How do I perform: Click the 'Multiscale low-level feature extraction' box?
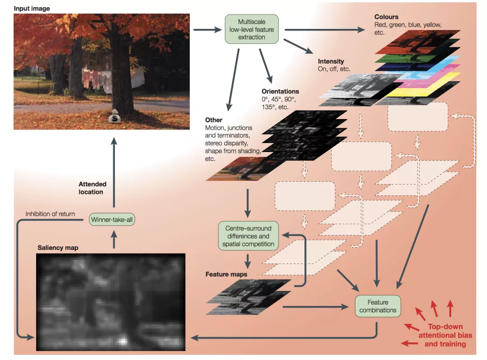pos(252,29)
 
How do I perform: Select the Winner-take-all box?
pos(112,220)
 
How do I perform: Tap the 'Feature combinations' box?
pos(378,306)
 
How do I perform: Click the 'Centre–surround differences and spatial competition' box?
pos(248,236)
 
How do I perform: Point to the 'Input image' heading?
pos(32,9)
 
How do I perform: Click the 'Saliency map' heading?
pos(58,248)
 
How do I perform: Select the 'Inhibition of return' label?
pos(50,214)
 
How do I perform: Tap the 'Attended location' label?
pos(92,188)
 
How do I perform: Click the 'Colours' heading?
pos(386,17)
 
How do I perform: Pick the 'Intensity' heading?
pos(331,61)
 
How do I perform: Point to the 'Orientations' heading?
pos(280,91)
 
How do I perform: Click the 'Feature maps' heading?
pos(226,274)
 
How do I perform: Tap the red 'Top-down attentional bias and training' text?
pos(445,335)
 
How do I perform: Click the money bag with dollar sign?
pos(115,116)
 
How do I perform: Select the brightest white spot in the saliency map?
pos(123,341)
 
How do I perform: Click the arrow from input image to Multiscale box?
pos(207,30)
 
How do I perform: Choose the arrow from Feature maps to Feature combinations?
pos(316,307)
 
